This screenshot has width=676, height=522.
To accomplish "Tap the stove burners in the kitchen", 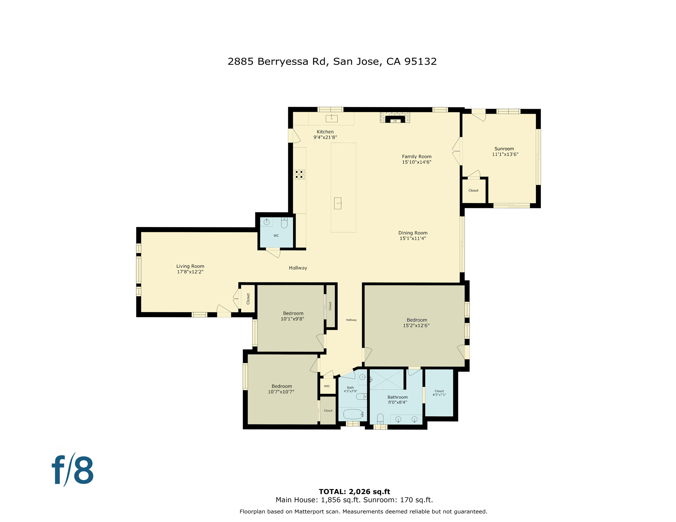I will pyautogui.click(x=300, y=174).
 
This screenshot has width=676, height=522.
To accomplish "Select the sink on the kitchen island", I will pyautogui.click(x=338, y=203).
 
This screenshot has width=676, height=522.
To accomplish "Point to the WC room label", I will pyautogui.click(x=276, y=236).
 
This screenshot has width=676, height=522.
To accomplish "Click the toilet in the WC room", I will pyautogui.click(x=284, y=223).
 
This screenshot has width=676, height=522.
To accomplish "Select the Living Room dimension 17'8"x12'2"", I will pyautogui.click(x=190, y=272).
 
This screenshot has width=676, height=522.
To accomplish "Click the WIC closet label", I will pyautogui.click(x=327, y=386).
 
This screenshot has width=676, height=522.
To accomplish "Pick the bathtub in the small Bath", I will pyautogui.click(x=353, y=414).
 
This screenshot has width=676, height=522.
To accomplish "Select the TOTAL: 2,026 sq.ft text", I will pyautogui.click(x=354, y=491).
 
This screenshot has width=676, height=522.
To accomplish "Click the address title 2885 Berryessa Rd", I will pyautogui.click(x=332, y=62).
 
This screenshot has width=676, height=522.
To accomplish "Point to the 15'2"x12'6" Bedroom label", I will pyautogui.click(x=417, y=323).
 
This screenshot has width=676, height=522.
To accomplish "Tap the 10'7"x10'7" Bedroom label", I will pyautogui.click(x=282, y=389).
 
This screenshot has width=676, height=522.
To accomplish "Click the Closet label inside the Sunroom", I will pyautogui.click(x=473, y=191).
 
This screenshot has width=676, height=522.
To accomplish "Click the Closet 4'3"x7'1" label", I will pyautogui.click(x=439, y=393).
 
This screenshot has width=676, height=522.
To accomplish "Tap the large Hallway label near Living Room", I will pyautogui.click(x=298, y=268).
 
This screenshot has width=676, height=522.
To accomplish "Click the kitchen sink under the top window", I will pyautogui.click(x=332, y=118).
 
